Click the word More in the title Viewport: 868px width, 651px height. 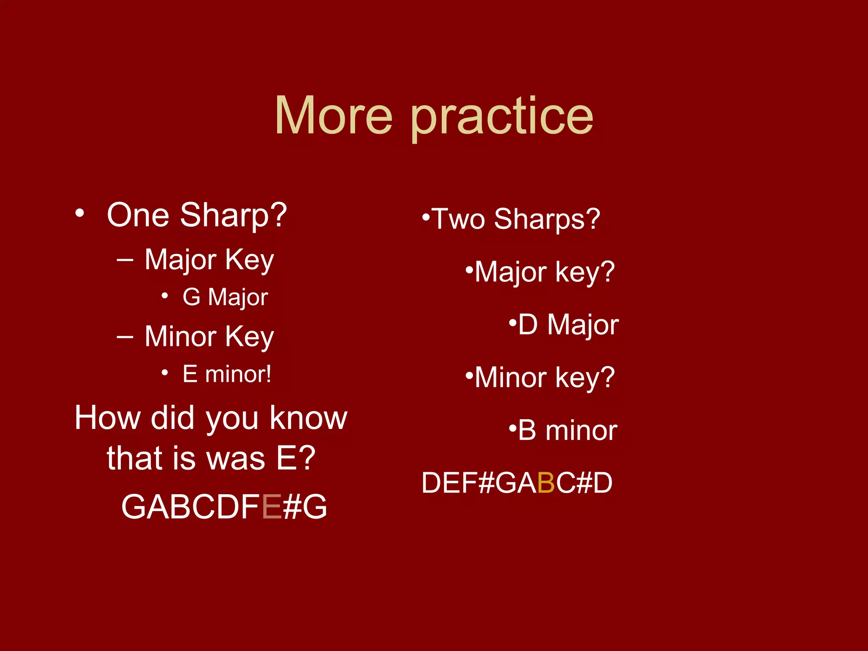(x=334, y=116)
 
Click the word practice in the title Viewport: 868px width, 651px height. (x=502, y=118)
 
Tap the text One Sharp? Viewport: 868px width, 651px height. (x=197, y=215)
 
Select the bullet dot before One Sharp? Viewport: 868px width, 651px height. (x=79, y=213)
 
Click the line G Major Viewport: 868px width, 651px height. (x=225, y=297)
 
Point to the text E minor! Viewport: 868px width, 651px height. (x=227, y=374)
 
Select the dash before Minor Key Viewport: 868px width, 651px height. (x=125, y=337)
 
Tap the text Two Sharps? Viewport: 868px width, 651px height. (x=515, y=220)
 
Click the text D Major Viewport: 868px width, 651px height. (x=568, y=325)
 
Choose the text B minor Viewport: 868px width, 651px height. (x=567, y=431)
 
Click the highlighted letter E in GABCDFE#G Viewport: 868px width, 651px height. (x=272, y=507)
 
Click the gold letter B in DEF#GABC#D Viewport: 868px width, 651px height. (x=546, y=483)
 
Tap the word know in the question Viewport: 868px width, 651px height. (x=309, y=418)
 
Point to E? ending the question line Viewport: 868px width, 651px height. (x=296, y=459)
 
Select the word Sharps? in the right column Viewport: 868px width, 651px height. (x=547, y=220)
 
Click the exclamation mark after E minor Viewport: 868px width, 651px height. (x=268, y=374)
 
